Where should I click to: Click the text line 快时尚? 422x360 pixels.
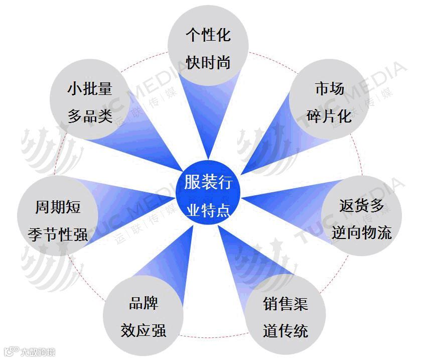208,62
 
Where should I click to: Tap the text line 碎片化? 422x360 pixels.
329,116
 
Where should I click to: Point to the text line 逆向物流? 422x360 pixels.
361,232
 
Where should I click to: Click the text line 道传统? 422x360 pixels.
285,331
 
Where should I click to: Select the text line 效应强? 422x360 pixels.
144,331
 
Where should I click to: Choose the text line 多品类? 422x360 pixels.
90,116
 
